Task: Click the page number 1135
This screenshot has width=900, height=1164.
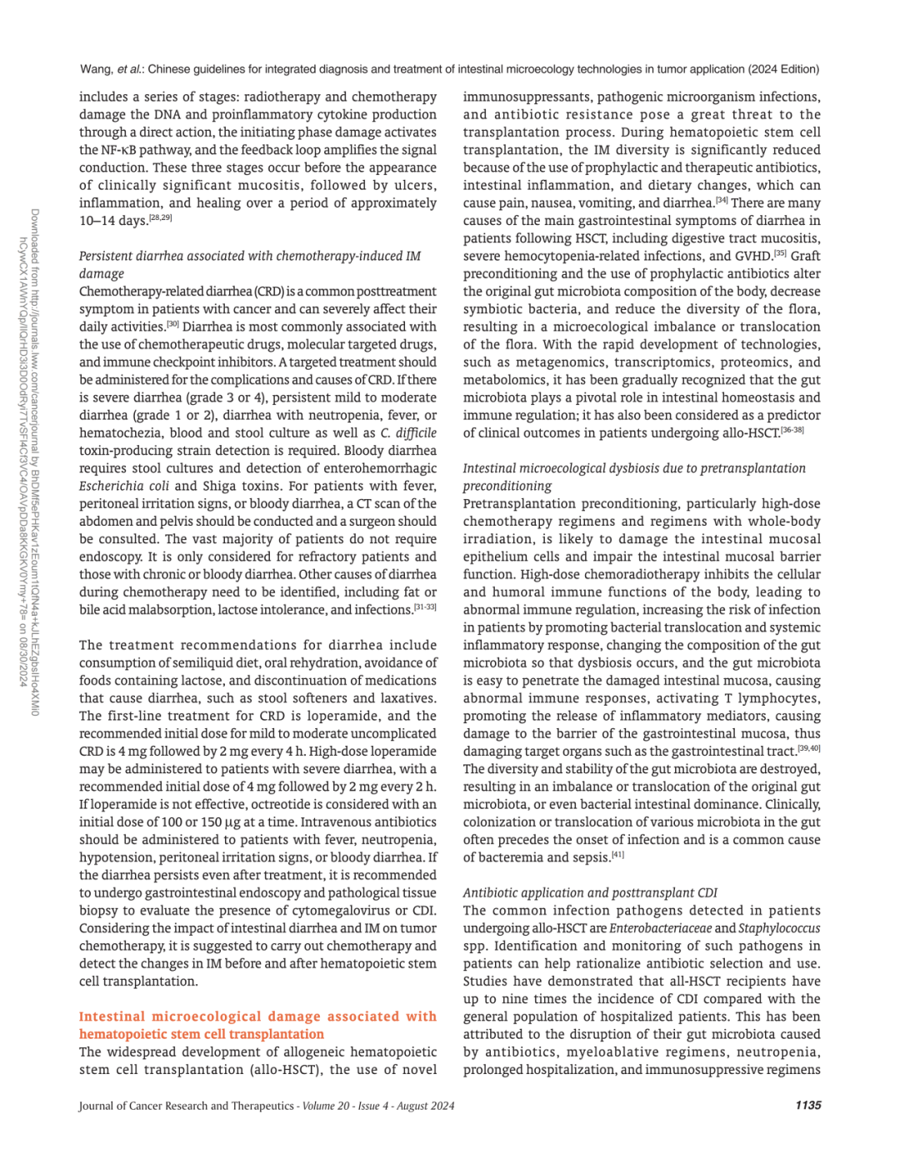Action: [807, 1105]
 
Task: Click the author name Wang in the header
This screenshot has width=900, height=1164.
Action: [96, 69]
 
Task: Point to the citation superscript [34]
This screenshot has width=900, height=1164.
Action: [722, 200]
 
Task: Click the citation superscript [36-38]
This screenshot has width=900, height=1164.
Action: [792, 430]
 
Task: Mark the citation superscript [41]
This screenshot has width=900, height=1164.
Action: [617, 854]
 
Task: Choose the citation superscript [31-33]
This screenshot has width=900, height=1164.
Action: [425, 607]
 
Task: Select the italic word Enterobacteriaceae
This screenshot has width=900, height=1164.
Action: [661, 928]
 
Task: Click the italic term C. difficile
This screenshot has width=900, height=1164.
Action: [408, 432]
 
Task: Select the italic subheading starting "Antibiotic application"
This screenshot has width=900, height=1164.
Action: [590, 892]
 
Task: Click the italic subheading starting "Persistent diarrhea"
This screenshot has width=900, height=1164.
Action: [250, 256]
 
